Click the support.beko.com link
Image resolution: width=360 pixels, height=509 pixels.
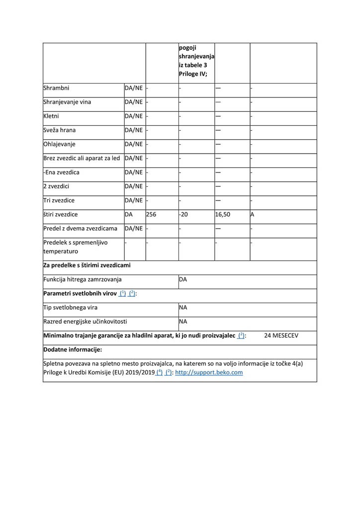point(209,372)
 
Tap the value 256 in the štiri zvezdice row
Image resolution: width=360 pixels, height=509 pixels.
point(151,214)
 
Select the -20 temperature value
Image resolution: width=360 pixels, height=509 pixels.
point(184,214)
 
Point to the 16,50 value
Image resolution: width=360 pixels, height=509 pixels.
point(223,214)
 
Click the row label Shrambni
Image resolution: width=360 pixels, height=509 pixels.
point(56,88)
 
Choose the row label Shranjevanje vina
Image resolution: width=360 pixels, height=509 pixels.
point(67,102)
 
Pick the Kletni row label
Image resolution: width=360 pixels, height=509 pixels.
point(52,116)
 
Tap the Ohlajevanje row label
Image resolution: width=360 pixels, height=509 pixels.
point(59,144)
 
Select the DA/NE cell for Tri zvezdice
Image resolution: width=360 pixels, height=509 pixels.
point(134,200)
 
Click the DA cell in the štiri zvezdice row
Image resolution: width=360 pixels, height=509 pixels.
point(129,214)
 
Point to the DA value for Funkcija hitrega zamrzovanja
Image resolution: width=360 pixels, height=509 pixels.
point(183,279)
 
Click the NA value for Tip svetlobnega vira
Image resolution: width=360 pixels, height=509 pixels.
point(183,307)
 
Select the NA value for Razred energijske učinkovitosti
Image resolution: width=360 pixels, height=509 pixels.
point(183,321)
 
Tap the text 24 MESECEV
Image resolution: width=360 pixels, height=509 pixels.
point(282,336)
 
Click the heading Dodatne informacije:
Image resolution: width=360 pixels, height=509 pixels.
point(73,349)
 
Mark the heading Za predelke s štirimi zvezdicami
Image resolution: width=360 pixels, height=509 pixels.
point(87,265)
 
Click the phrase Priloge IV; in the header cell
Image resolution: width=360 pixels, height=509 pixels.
point(193,74)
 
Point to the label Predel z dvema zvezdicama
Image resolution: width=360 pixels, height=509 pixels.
point(81,228)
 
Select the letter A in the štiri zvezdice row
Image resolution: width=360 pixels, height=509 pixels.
point(253,214)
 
